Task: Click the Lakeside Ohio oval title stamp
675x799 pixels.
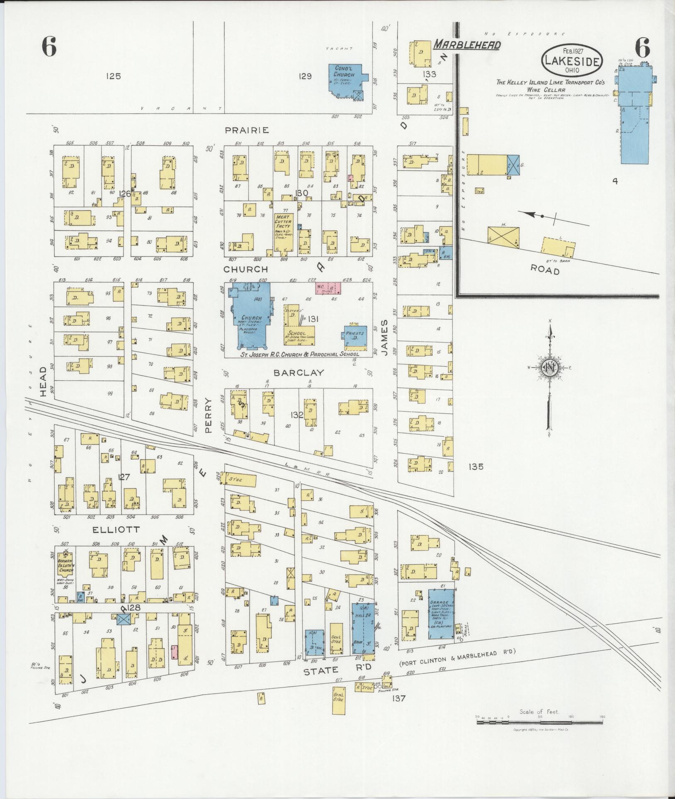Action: [x=572, y=61]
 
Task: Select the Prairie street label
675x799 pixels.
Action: [x=247, y=130]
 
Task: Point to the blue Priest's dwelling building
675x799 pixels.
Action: [x=354, y=336]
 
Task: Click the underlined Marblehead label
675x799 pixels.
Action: [x=467, y=45]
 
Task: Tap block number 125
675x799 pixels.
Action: [x=113, y=76]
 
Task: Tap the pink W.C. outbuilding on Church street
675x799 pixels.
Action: [x=328, y=288]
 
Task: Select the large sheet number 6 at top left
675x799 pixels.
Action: [x=49, y=47]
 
